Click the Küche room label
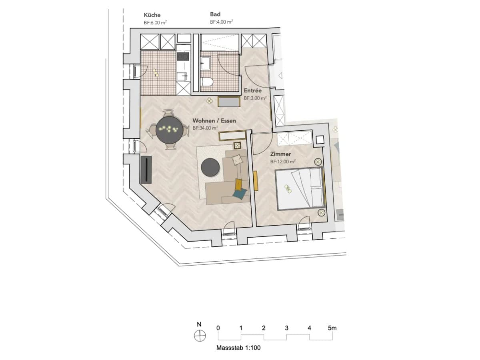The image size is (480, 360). coord(152,15)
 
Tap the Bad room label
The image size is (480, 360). coord(215,14)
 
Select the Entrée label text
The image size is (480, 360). coord(252,90)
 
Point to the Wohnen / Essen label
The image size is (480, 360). coord(214,121)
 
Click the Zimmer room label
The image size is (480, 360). coord(280,154)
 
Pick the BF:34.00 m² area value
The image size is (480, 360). coord(205,128)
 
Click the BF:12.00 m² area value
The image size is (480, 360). coord(283,162)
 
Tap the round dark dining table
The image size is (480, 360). coord(170,130)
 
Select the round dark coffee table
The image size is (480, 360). coord(210,167)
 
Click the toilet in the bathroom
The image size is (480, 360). coord(207,82)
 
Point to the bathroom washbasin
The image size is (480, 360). coord(206,63)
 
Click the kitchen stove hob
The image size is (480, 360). coord(183,56)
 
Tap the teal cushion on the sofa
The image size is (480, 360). coord(240,194)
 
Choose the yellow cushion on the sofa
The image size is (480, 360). coord(238,184)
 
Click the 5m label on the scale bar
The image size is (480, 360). coord(332,328)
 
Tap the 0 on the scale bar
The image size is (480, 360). coord(218,328)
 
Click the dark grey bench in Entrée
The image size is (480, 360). coord(229,102)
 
